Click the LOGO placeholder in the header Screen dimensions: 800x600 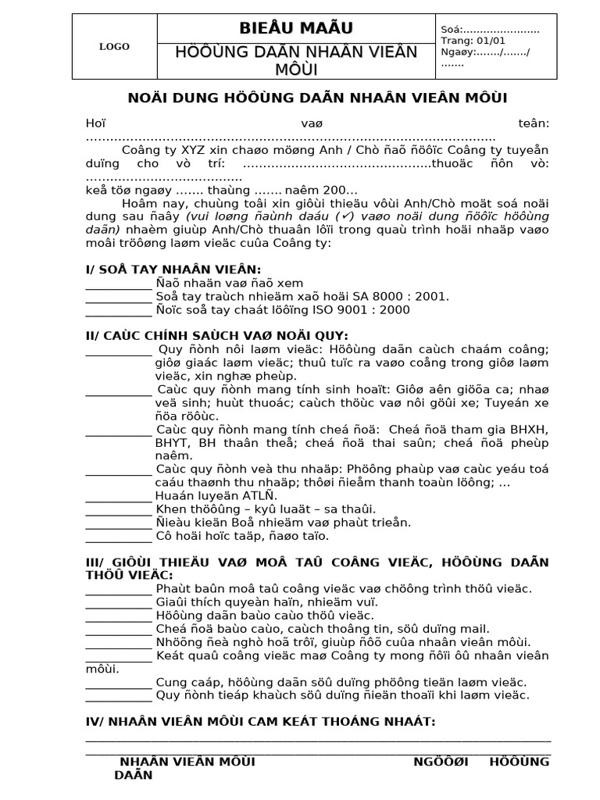coord(114,47)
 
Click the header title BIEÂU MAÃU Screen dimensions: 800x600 coord(296,28)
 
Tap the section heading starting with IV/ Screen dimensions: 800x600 coord(260,721)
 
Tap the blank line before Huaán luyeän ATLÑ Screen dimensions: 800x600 coord(118,496)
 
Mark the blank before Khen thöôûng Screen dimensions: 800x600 coord(118,509)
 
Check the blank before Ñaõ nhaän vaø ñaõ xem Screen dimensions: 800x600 coord(118,283)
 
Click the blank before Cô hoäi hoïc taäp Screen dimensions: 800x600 coord(118,536)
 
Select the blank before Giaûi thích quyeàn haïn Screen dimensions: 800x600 coord(118,602)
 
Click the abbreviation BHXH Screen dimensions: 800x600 coord(529,430)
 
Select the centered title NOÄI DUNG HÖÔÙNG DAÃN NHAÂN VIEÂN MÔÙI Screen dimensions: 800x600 coord(317,98)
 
